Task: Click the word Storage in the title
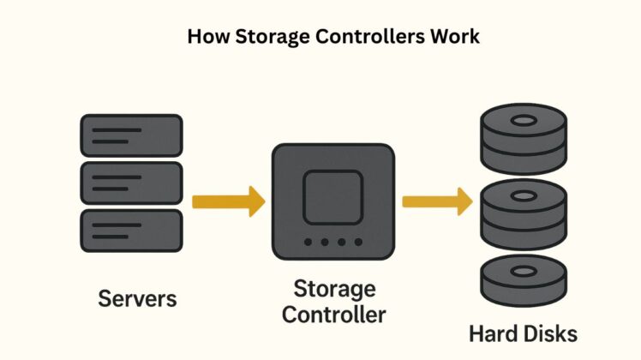pyautogui.click(x=257, y=38)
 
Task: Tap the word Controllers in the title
pyautogui.click(x=355, y=38)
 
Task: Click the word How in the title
pyautogui.click(x=203, y=38)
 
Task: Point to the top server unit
pyautogui.click(x=130, y=135)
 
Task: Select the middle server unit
pyautogui.click(x=130, y=183)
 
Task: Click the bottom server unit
pyautogui.click(x=130, y=230)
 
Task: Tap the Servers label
pyautogui.click(x=137, y=298)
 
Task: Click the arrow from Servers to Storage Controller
pyautogui.click(x=228, y=203)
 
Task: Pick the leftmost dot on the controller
pyautogui.click(x=307, y=243)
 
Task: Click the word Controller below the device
pyautogui.click(x=333, y=314)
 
